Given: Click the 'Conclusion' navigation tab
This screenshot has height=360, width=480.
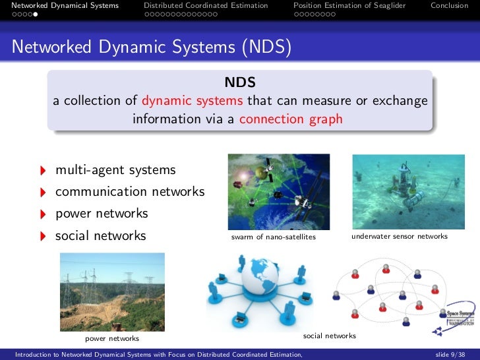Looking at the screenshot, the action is (x=449, y=6).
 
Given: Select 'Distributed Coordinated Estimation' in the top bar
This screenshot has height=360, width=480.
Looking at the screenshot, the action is (x=206, y=6).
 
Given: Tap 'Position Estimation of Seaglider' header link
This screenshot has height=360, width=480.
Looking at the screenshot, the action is (x=349, y=6).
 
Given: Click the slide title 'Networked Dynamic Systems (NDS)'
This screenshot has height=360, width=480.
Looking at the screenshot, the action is (x=152, y=47).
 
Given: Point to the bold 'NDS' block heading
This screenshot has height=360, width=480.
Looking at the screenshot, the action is (x=239, y=83).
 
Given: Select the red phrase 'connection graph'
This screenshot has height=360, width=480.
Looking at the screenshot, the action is (x=291, y=119).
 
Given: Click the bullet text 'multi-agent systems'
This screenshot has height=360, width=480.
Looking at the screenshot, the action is (x=115, y=170).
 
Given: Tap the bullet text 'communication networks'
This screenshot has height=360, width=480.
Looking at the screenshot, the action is (x=130, y=192).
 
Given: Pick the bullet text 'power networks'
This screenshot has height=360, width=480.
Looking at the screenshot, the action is (x=102, y=214).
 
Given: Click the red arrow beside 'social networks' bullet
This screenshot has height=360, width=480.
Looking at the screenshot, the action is (x=43, y=236).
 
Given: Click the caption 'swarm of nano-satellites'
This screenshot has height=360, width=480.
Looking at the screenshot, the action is (x=274, y=237).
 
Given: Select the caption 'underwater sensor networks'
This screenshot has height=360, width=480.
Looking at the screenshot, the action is (x=400, y=236).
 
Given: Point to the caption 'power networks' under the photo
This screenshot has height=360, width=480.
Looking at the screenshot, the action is (x=112, y=338).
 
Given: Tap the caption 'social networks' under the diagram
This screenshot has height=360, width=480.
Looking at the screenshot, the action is (x=329, y=336).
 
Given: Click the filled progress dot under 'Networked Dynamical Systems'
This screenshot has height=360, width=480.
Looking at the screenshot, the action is (x=36, y=13).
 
